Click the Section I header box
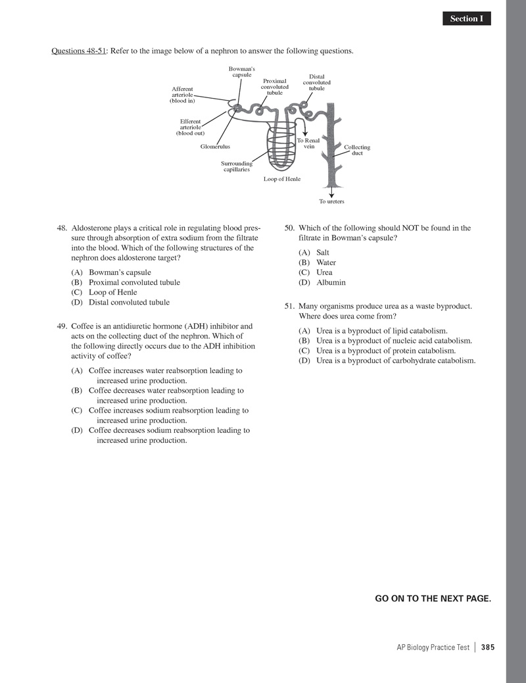tap(466, 18)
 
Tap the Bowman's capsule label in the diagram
tap(241, 72)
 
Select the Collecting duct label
tap(357, 150)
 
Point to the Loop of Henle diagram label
tap(282, 178)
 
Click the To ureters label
tap(331, 201)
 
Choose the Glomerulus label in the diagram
tap(216, 147)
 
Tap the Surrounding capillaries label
tap(237, 166)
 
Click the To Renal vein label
tap(308, 143)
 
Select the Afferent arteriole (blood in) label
tap(182, 95)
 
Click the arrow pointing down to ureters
tap(331, 191)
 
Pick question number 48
tap(63, 228)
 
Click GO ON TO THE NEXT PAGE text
tap(433, 598)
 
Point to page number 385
tap(487, 647)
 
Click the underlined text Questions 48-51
tap(79, 51)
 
